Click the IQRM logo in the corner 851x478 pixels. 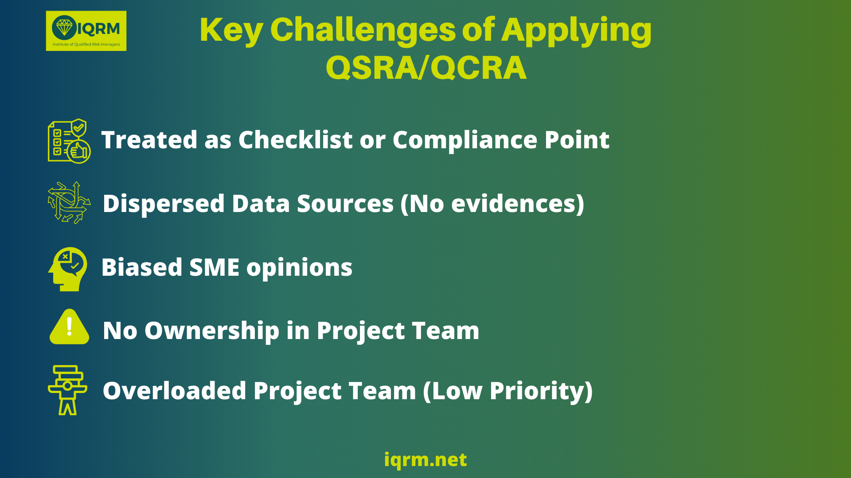pos(86,31)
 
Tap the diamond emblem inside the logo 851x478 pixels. pos(64,27)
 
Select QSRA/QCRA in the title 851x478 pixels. pos(426,68)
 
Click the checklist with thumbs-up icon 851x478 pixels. pos(69,141)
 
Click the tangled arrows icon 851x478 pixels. pos(69,202)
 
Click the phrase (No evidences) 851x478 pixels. pos(492,204)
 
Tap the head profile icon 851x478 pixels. pos(67,269)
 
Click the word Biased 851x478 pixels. pos(142,267)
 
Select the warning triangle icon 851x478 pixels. pos(69,327)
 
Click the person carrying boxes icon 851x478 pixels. pos(67,390)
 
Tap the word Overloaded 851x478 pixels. pos(175,391)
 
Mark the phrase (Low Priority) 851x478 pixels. pos(508,391)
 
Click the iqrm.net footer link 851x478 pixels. pos(425,460)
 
